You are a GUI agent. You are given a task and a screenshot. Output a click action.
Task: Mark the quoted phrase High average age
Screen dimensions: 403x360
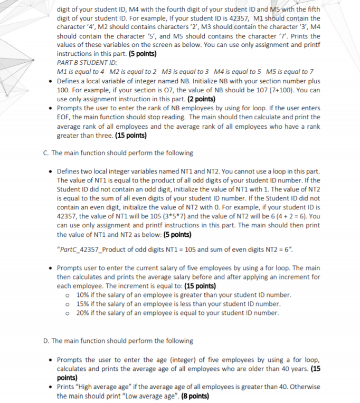tap(106, 387)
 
